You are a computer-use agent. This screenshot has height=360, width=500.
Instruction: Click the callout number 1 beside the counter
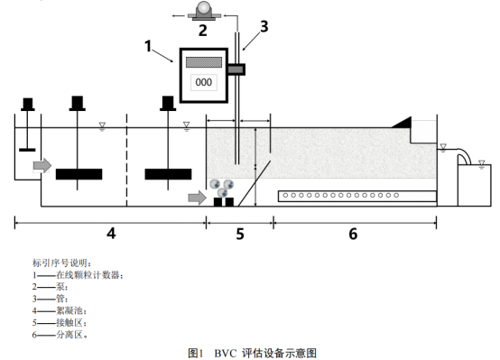click(x=148, y=46)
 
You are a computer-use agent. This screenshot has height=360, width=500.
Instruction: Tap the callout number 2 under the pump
click(x=203, y=31)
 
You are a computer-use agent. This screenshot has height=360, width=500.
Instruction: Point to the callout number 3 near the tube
click(x=264, y=26)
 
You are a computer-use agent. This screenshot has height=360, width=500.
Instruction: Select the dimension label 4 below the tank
click(x=111, y=234)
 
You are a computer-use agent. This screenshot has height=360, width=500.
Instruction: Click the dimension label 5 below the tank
click(x=240, y=234)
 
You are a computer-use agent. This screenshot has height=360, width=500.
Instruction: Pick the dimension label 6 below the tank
click(x=353, y=234)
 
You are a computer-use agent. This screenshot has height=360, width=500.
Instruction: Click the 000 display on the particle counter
click(x=203, y=82)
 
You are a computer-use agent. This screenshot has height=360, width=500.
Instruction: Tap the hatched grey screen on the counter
click(x=204, y=62)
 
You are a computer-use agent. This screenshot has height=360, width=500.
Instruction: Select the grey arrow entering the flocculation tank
click(x=42, y=165)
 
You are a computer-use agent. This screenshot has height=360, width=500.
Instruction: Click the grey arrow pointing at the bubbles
click(x=198, y=198)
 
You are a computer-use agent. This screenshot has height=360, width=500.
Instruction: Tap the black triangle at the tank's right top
click(x=402, y=122)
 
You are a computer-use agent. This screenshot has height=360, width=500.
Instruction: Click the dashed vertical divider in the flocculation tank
click(x=127, y=160)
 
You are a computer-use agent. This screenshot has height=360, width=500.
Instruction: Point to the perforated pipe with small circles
click(x=357, y=196)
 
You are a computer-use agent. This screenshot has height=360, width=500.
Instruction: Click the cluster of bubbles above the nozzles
click(x=222, y=189)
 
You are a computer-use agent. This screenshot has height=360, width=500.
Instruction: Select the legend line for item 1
click(x=78, y=274)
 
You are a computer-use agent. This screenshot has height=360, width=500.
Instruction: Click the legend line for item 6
click(x=60, y=335)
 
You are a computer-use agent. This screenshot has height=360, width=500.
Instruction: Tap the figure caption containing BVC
click(x=252, y=353)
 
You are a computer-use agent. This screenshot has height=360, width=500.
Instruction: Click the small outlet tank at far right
click(x=475, y=185)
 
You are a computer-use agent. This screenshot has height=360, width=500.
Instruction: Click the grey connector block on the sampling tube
click(x=236, y=69)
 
